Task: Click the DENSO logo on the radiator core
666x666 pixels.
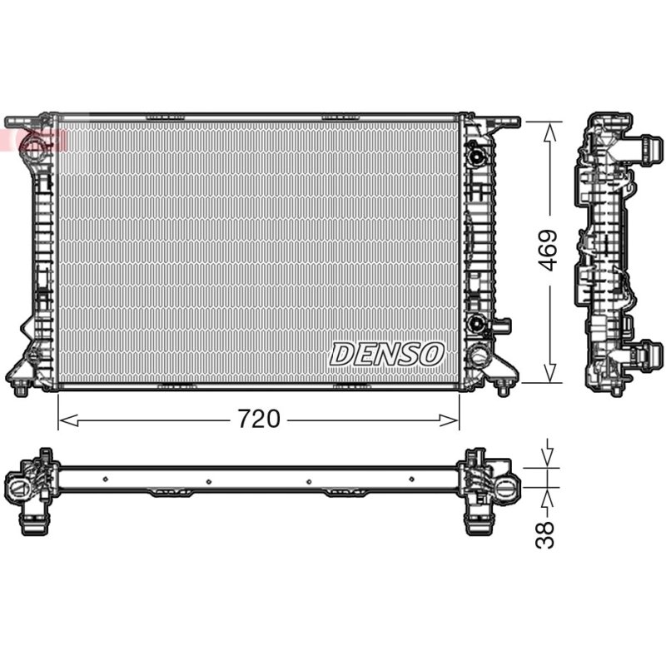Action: click(386, 354)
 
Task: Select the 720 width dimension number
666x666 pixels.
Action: click(259, 419)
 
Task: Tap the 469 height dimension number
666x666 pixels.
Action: click(548, 251)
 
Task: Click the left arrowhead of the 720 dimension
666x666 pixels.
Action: click(68, 420)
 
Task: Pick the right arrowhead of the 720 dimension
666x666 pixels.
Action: click(449, 420)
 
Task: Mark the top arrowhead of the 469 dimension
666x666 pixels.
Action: click(549, 132)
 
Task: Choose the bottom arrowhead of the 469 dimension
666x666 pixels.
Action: click(549, 372)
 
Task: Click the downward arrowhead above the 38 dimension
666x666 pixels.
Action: click(548, 456)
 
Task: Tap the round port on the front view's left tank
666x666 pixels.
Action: click(33, 144)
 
